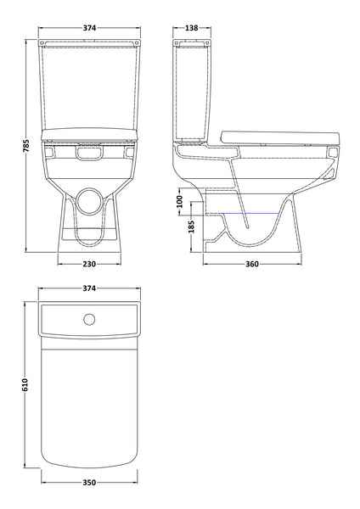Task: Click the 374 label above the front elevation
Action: tap(89, 28)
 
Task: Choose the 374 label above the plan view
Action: tap(89, 289)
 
